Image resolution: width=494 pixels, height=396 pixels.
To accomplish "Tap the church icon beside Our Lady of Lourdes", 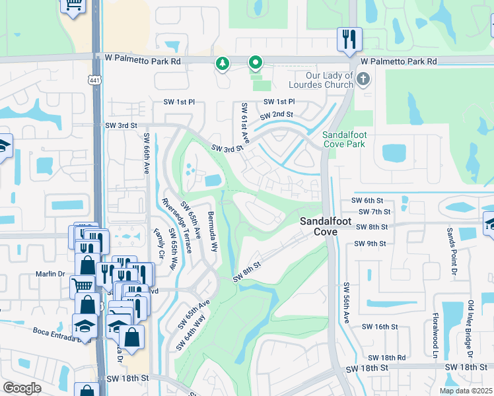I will tap(362, 80).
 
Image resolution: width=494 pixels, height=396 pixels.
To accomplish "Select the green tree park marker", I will tap(223, 64).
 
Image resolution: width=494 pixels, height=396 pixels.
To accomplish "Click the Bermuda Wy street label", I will tap(211, 232).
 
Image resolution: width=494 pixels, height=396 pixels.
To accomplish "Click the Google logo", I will tap(22, 388).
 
